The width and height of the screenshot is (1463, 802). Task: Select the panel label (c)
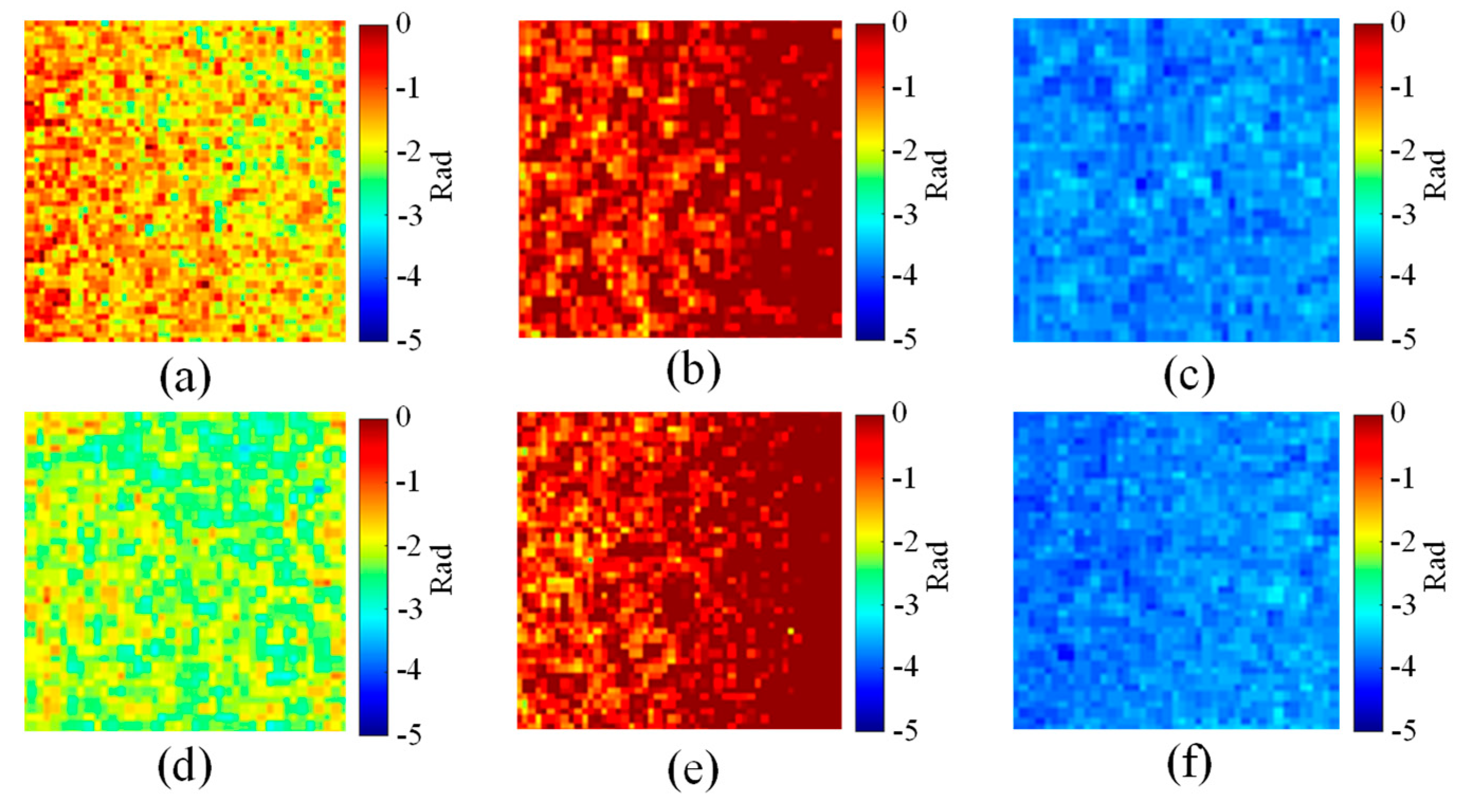(x=1189, y=376)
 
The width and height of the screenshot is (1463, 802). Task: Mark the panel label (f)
(x=1189, y=765)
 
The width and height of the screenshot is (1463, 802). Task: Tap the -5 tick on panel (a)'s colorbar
(x=408, y=341)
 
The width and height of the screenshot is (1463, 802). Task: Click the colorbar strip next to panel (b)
(x=870, y=182)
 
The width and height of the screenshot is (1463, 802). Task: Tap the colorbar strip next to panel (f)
(x=1368, y=572)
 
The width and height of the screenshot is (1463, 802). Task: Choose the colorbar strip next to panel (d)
(x=373, y=576)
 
